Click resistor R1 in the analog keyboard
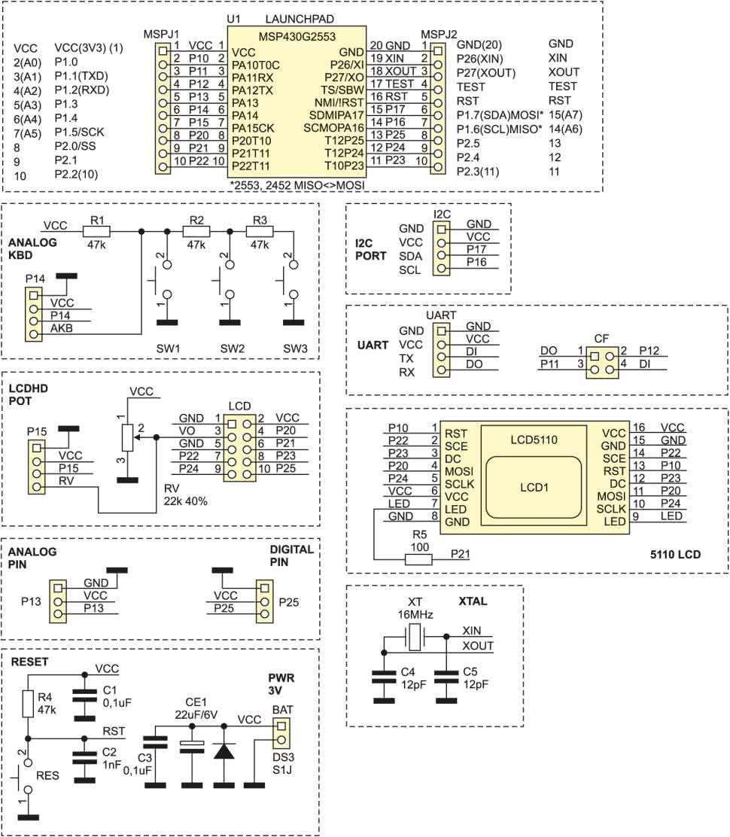[97, 232]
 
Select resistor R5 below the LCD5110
[418, 559]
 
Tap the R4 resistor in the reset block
[28, 704]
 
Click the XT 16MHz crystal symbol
[415, 640]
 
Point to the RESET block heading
[30, 662]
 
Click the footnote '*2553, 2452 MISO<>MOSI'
[296, 184]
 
